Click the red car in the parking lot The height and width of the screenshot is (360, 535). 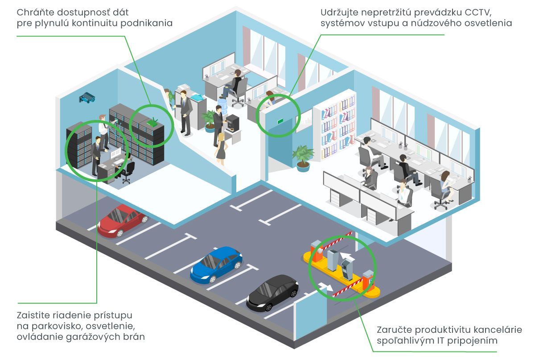click(122, 220)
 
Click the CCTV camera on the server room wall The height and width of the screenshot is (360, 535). click(87, 97)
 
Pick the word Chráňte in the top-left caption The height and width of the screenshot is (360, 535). click(35, 12)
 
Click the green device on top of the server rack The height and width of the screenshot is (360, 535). click(152, 122)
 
